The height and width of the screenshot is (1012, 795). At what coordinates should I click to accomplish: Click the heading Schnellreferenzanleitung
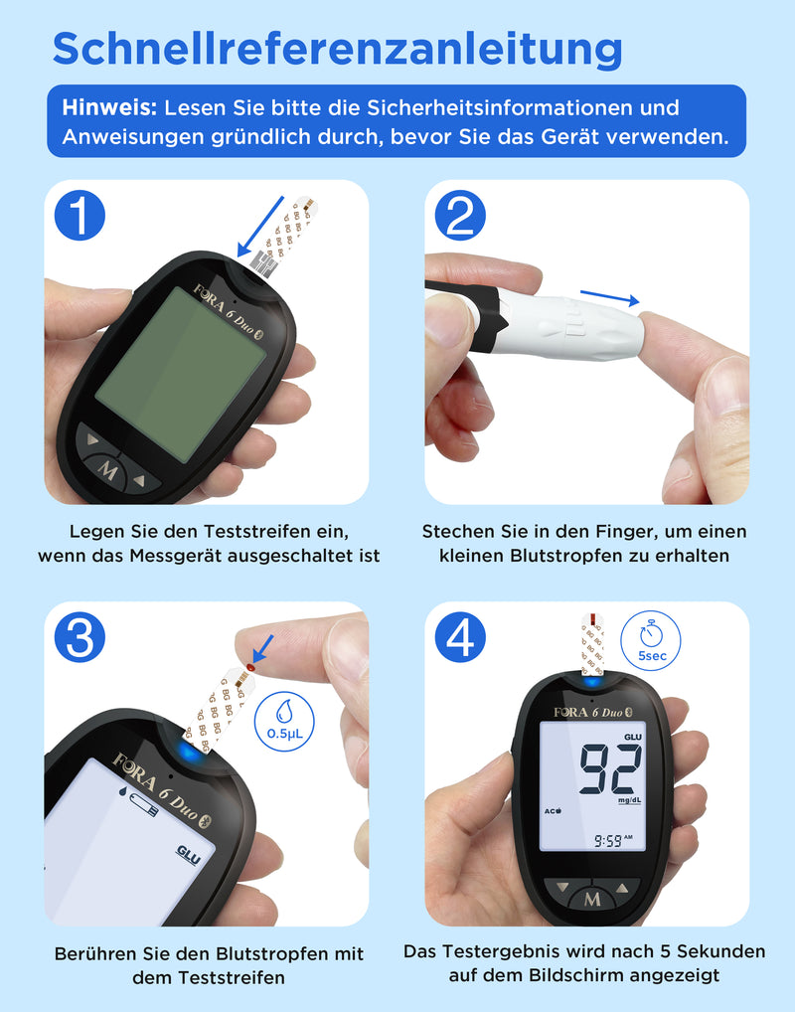338,49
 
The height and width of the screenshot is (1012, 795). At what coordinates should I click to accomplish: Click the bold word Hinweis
109,107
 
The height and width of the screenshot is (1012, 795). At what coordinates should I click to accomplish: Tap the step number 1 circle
79,215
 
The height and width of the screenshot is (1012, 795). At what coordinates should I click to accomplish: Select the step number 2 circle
460,215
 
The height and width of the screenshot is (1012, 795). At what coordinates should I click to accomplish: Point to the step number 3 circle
79,637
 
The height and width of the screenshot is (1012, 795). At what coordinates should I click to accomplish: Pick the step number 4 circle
460,637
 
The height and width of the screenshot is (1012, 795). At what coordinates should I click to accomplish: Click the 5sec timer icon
651,640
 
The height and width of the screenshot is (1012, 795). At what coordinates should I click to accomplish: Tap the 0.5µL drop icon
284,722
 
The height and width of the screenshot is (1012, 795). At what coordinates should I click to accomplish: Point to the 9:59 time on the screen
608,840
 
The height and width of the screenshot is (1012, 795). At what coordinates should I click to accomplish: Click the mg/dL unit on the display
629,800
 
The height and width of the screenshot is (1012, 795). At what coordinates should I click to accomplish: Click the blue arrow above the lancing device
610,297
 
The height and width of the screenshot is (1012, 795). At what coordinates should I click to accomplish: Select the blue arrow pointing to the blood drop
262,648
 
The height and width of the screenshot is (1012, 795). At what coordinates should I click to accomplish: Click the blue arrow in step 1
260,227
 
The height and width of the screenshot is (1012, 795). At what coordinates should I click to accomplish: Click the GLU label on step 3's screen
189,855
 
